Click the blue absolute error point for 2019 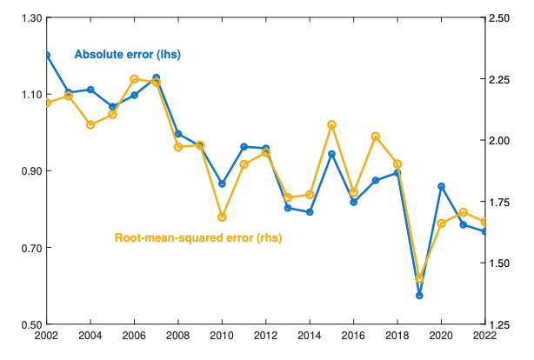419,296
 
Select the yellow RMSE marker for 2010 222,217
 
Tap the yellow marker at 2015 331,125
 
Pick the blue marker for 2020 441,187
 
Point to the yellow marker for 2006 135,79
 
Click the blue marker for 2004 90,90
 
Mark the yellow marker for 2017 376,137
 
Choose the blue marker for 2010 222,184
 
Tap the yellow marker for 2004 90,125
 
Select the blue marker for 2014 310,212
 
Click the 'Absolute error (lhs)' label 128,55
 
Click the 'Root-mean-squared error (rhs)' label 198,237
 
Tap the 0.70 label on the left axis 31,248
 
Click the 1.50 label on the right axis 499,263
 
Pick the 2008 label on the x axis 178,336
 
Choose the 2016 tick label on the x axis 353,336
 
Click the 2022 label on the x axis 485,336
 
